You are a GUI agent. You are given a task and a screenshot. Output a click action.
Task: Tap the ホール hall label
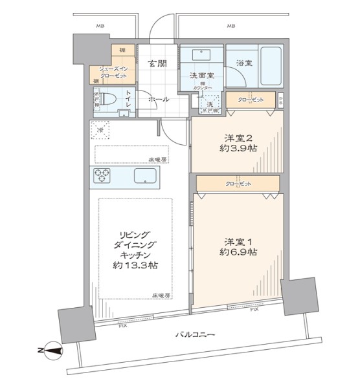[x=159, y=99]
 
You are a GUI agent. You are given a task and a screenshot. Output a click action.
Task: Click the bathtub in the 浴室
[x=270, y=67]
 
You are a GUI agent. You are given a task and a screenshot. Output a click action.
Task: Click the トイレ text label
[x=129, y=100]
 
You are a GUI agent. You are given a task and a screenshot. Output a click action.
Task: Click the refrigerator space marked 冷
[x=100, y=129]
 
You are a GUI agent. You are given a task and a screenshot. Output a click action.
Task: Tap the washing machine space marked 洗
[x=209, y=103]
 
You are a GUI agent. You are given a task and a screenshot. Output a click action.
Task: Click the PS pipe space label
[x=280, y=100]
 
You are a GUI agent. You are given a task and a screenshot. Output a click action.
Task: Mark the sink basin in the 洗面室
[x=201, y=56]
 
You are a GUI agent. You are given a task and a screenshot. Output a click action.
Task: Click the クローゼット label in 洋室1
[x=238, y=184]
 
